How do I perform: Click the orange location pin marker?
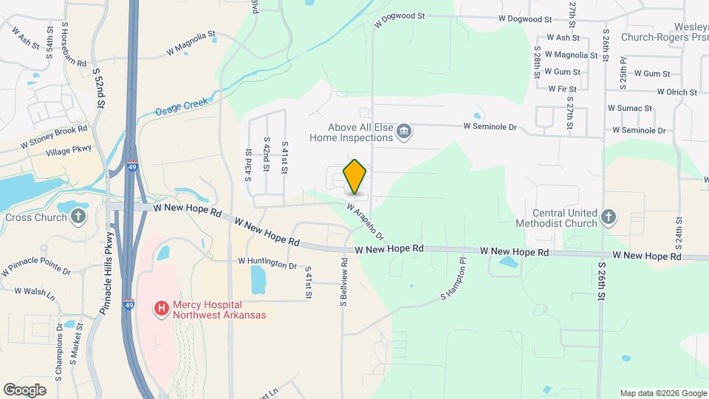[x=355, y=177]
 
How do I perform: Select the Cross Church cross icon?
[x=79, y=217]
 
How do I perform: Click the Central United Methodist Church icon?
[x=608, y=216]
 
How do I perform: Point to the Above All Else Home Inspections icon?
[x=404, y=133]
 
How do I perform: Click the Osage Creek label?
[x=178, y=112]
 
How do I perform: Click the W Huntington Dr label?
[x=267, y=262]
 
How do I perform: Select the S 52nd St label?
[x=98, y=83]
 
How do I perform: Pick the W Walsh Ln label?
[x=35, y=292]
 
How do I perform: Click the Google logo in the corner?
[x=24, y=389]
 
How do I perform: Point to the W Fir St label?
[x=561, y=89]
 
